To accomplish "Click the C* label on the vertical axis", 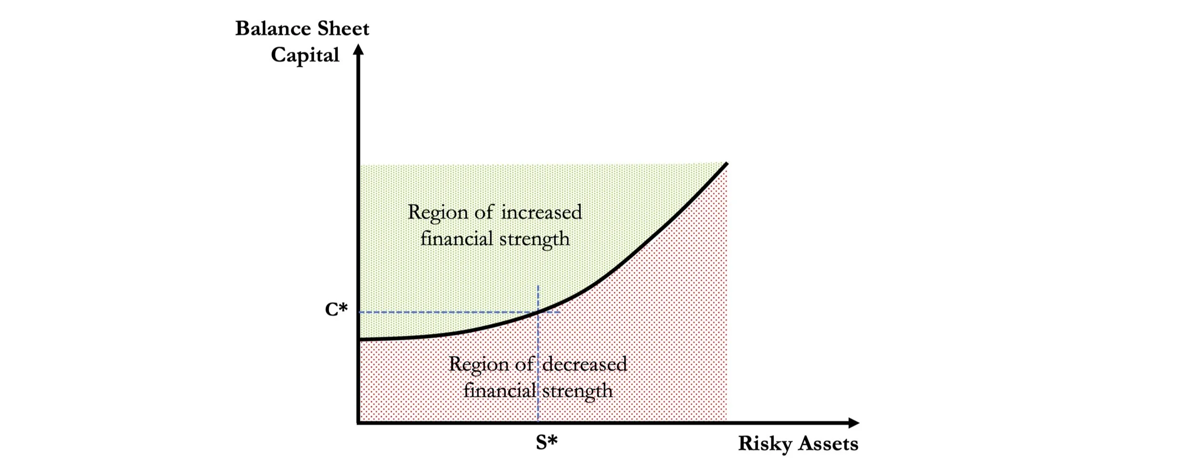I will (x=336, y=309).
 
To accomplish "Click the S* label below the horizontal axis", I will (x=547, y=442).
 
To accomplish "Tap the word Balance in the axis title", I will (x=273, y=29).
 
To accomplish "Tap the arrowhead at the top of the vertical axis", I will (x=358, y=49).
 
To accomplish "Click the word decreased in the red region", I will (x=584, y=364).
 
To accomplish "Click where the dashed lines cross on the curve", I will (x=538, y=312).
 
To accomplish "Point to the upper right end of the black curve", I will (x=726, y=164).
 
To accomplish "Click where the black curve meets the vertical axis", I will (x=359, y=340).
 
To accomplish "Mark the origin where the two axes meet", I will (x=358, y=423).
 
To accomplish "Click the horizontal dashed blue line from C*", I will (x=448, y=312).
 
